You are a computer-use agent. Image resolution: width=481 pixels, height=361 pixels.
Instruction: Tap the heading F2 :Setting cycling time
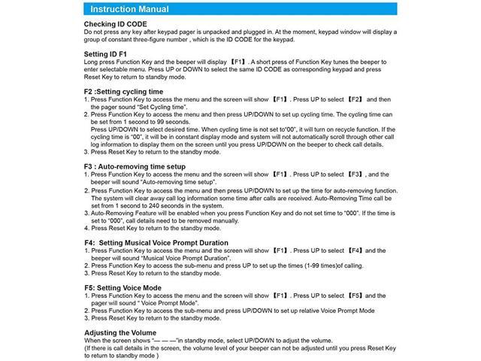pos(123,91)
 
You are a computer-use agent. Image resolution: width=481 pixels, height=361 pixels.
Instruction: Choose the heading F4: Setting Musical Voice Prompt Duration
pos(156,242)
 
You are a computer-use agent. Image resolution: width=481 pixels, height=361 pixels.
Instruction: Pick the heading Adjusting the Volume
pos(121,332)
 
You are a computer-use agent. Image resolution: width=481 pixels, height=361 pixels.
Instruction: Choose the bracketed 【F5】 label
pos(356,295)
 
